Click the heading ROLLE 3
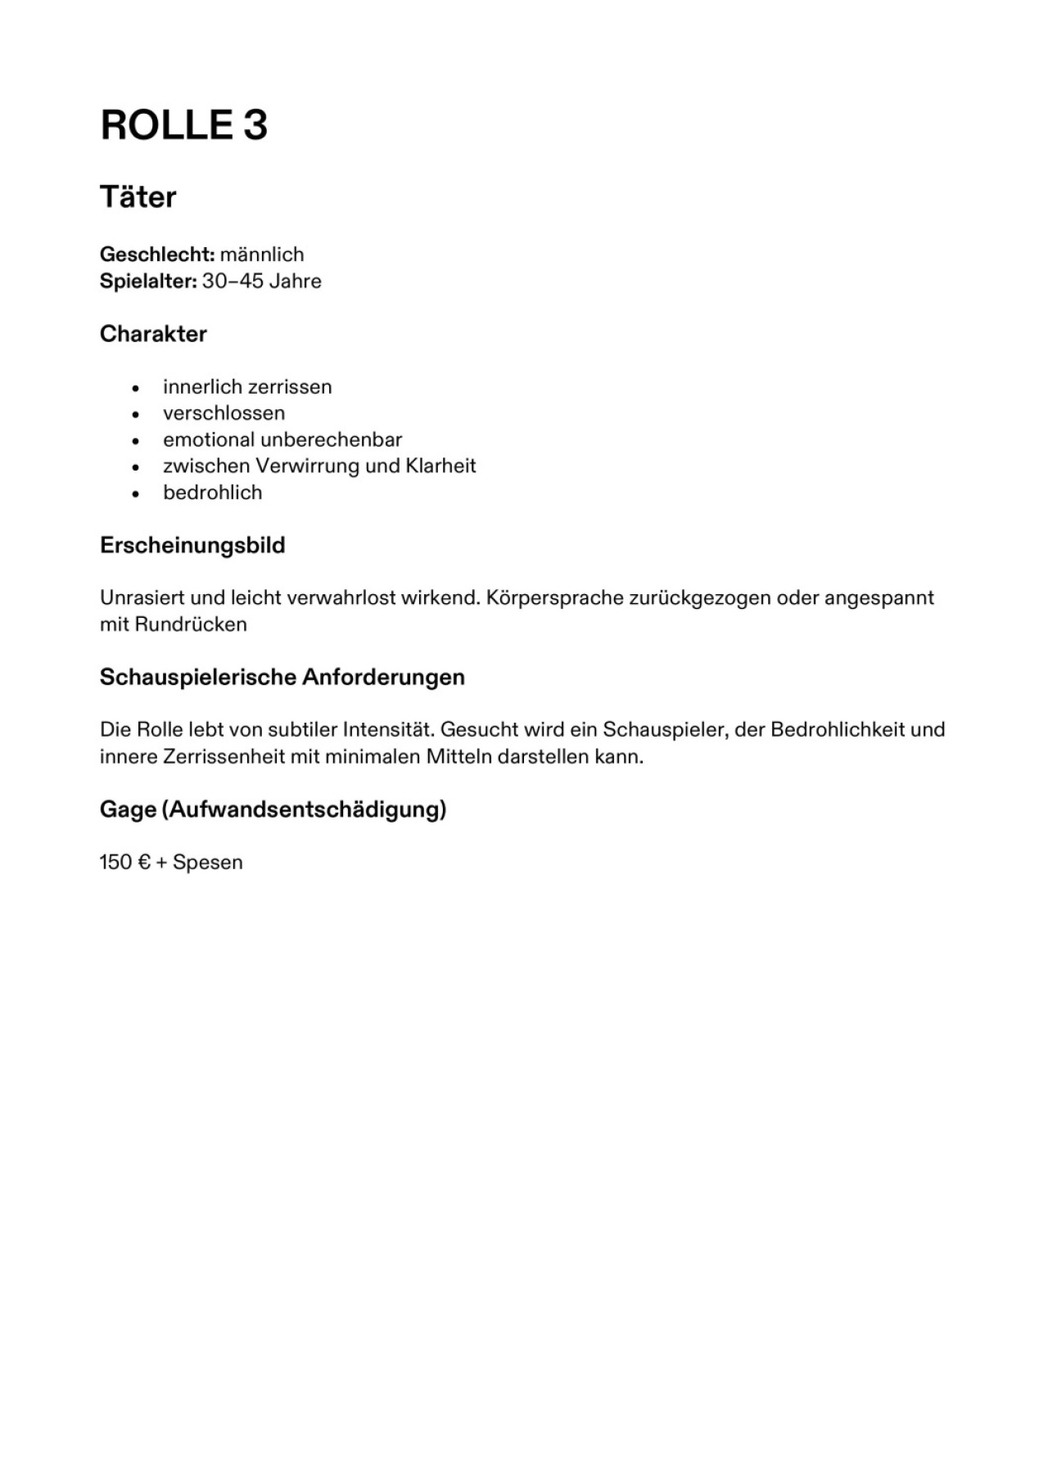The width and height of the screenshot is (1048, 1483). coord(183,125)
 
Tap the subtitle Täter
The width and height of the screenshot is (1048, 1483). coord(138,197)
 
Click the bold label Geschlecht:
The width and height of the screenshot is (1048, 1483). coord(156,255)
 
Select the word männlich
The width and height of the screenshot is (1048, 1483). coord(262,255)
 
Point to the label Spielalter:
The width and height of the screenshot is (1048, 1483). coord(148,282)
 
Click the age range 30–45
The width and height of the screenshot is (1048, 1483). coord(233,282)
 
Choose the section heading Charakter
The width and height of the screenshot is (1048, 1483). coord(153,334)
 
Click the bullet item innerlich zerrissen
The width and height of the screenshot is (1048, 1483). coord(247,387)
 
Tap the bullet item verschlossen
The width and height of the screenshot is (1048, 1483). coord(224,413)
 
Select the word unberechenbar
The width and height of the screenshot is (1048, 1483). coord(331,439)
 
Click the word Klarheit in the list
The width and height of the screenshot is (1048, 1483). coord(440,467)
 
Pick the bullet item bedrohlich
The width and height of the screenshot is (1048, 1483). coord(212,493)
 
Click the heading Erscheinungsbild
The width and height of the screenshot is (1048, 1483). coord(192,545)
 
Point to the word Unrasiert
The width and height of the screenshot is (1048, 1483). coord(142,598)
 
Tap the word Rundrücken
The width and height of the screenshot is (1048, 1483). coord(191,624)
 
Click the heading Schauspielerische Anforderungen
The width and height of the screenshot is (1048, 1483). coord(282,678)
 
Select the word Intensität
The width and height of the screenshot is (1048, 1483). coord(387,730)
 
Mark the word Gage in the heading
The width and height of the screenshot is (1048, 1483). coord(128,810)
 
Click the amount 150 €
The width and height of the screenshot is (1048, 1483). coord(125,863)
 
